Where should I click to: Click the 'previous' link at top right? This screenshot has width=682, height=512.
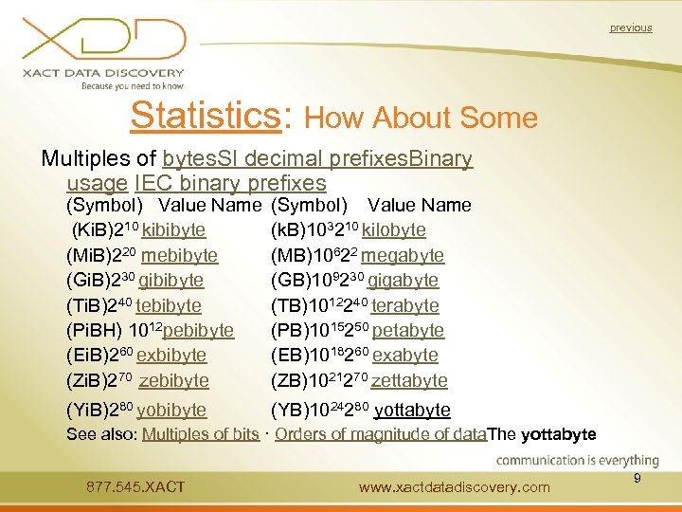(x=630, y=28)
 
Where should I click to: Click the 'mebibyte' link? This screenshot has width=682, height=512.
(x=178, y=256)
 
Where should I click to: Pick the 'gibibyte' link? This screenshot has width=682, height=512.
(x=170, y=281)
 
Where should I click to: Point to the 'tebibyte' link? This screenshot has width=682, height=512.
(x=169, y=306)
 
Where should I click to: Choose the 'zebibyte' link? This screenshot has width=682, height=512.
(x=173, y=380)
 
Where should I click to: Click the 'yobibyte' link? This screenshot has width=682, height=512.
(x=171, y=411)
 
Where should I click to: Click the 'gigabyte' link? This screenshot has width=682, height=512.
(x=403, y=281)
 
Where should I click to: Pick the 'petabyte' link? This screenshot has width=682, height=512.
(x=408, y=331)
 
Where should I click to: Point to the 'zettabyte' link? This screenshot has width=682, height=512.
(x=409, y=380)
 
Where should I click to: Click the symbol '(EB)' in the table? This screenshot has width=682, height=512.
(x=289, y=356)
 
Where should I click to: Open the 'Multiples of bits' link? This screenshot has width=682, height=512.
(x=200, y=435)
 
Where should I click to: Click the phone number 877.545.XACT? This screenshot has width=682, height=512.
(x=135, y=487)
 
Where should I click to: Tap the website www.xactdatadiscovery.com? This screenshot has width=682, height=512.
(x=455, y=487)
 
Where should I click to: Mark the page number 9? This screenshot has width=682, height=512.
(x=637, y=479)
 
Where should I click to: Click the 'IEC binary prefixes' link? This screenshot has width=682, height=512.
(x=230, y=183)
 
